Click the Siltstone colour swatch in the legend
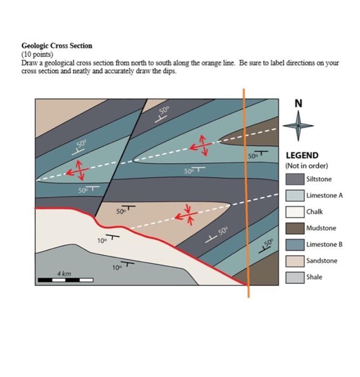pos(294,179)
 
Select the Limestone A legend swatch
pos(294,196)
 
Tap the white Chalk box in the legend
pos(294,212)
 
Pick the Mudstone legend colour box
pos(294,228)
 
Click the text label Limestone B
pos(324,245)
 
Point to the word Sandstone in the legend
pos(322,261)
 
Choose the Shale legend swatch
pos(294,277)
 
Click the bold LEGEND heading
pos(302,155)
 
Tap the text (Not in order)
pos(306,165)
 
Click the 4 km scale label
pos(64,274)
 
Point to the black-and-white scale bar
pos(65,280)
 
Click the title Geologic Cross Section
pos(57,46)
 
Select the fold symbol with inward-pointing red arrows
pos(188,213)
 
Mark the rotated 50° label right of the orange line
pos(268,244)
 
